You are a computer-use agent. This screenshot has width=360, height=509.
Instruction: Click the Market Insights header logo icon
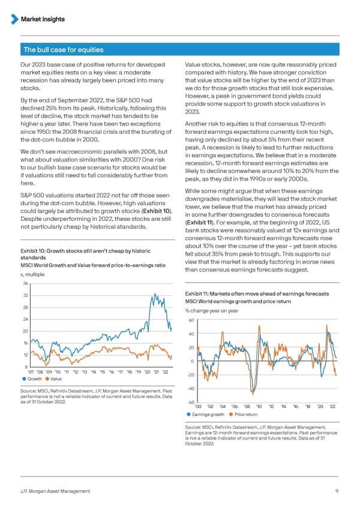click(14, 19)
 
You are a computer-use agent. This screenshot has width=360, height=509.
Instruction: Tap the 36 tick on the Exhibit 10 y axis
click(25, 284)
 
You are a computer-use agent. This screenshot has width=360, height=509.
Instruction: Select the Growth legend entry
click(34, 379)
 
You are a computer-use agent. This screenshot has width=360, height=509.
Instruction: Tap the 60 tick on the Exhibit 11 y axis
click(191, 321)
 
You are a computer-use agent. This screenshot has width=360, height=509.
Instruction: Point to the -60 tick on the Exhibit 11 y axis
click(190, 402)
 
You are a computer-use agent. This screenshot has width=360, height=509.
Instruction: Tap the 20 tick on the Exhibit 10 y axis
click(25, 331)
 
